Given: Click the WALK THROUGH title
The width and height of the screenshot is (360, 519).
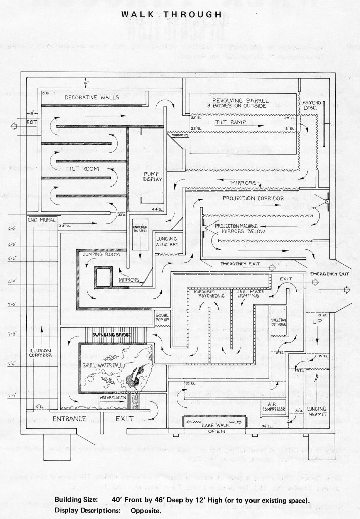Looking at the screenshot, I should pos(171,15).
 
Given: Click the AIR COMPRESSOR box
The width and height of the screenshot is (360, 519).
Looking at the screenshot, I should pos(275,406).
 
